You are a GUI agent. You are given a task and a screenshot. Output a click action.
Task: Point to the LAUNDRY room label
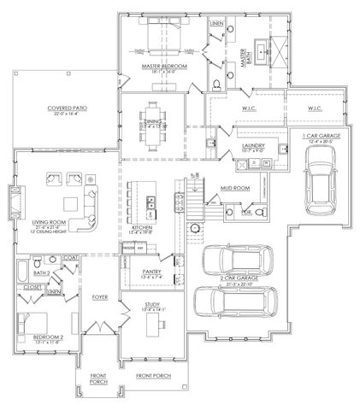tap(253, 146)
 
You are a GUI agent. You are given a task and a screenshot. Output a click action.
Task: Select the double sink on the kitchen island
tap(150, 202)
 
